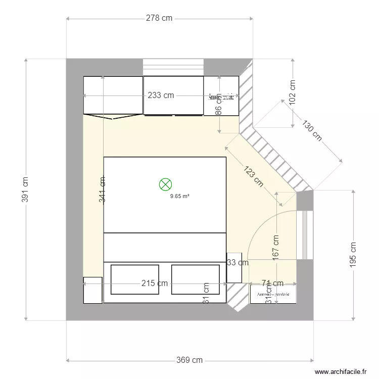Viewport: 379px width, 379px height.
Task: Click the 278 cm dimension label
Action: pos(159,18)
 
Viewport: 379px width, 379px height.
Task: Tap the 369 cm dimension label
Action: pos(189,360)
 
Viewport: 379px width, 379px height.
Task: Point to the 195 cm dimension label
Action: pos(353,254)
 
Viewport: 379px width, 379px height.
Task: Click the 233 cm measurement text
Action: pos(161,96)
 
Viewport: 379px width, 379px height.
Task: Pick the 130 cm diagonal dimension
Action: pos(312,130)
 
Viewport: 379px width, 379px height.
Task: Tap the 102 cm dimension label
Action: pos(293,92)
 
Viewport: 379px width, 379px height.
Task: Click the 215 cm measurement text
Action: pos(154,283)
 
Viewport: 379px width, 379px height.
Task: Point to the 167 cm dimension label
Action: pos(276,248)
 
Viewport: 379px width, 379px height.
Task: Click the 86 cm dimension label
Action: pos(218,105)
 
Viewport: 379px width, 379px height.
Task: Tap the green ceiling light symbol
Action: pos(165,184)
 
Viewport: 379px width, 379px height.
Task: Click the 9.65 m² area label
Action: pos(179,197)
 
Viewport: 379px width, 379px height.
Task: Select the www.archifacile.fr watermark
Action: pos(341,372)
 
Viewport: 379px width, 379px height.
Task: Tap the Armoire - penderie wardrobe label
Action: pos(273,295)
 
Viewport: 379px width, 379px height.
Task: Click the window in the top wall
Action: pos(173,66)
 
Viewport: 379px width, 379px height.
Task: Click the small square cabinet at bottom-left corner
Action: pos(93,290)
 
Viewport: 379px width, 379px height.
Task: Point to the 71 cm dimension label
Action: pos(272,283)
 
